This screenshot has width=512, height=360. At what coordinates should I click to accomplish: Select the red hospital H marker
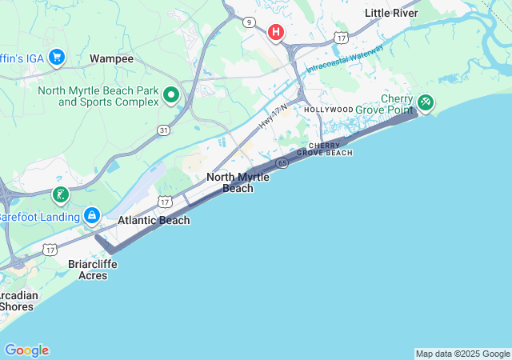point(276,32)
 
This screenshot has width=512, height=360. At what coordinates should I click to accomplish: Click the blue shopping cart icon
point(56,57)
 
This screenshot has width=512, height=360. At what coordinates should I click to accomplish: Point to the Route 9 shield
point(250,22)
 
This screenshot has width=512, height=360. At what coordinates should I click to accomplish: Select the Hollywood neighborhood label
point(328,109)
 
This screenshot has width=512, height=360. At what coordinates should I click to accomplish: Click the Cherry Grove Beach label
point(324,149)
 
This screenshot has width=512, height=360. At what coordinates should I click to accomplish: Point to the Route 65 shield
point(283,162)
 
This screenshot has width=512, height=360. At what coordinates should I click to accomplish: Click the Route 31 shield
point(163,130)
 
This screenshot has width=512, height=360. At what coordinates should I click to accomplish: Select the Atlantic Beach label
point(154,220)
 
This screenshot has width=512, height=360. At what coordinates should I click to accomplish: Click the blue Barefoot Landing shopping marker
point(93,216)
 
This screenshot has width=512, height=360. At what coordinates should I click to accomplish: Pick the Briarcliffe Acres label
point(93,269)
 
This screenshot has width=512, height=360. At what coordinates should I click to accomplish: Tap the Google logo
point(26,350)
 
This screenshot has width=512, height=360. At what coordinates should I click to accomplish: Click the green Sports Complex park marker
point(170,95)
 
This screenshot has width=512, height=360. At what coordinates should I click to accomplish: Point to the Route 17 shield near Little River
point(342,38)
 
